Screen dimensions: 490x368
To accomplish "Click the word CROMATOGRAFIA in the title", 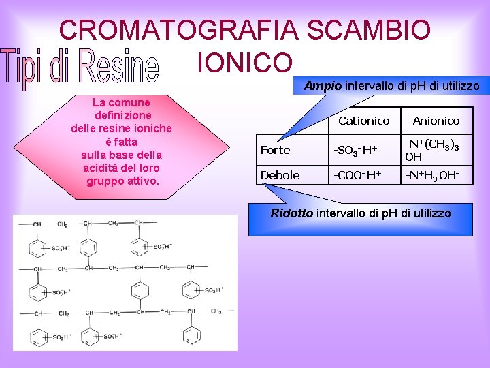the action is (179, 30).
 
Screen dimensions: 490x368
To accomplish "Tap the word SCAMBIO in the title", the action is (368, 30).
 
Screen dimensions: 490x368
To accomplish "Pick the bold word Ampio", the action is (323, 86).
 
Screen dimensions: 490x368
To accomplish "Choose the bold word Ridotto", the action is (292, 213).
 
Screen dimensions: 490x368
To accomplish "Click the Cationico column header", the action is (363, 121).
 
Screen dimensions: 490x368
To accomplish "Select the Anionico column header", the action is (436, 121).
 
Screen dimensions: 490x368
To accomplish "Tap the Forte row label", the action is (275, 150).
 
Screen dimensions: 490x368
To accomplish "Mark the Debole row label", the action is (280, 175).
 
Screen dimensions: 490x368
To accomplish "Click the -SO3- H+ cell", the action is (357, 150).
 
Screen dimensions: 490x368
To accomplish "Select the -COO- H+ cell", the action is (357, 175).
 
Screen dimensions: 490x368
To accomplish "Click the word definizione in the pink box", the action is (122, 116).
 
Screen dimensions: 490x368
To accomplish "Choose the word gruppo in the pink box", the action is (104, 181).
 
